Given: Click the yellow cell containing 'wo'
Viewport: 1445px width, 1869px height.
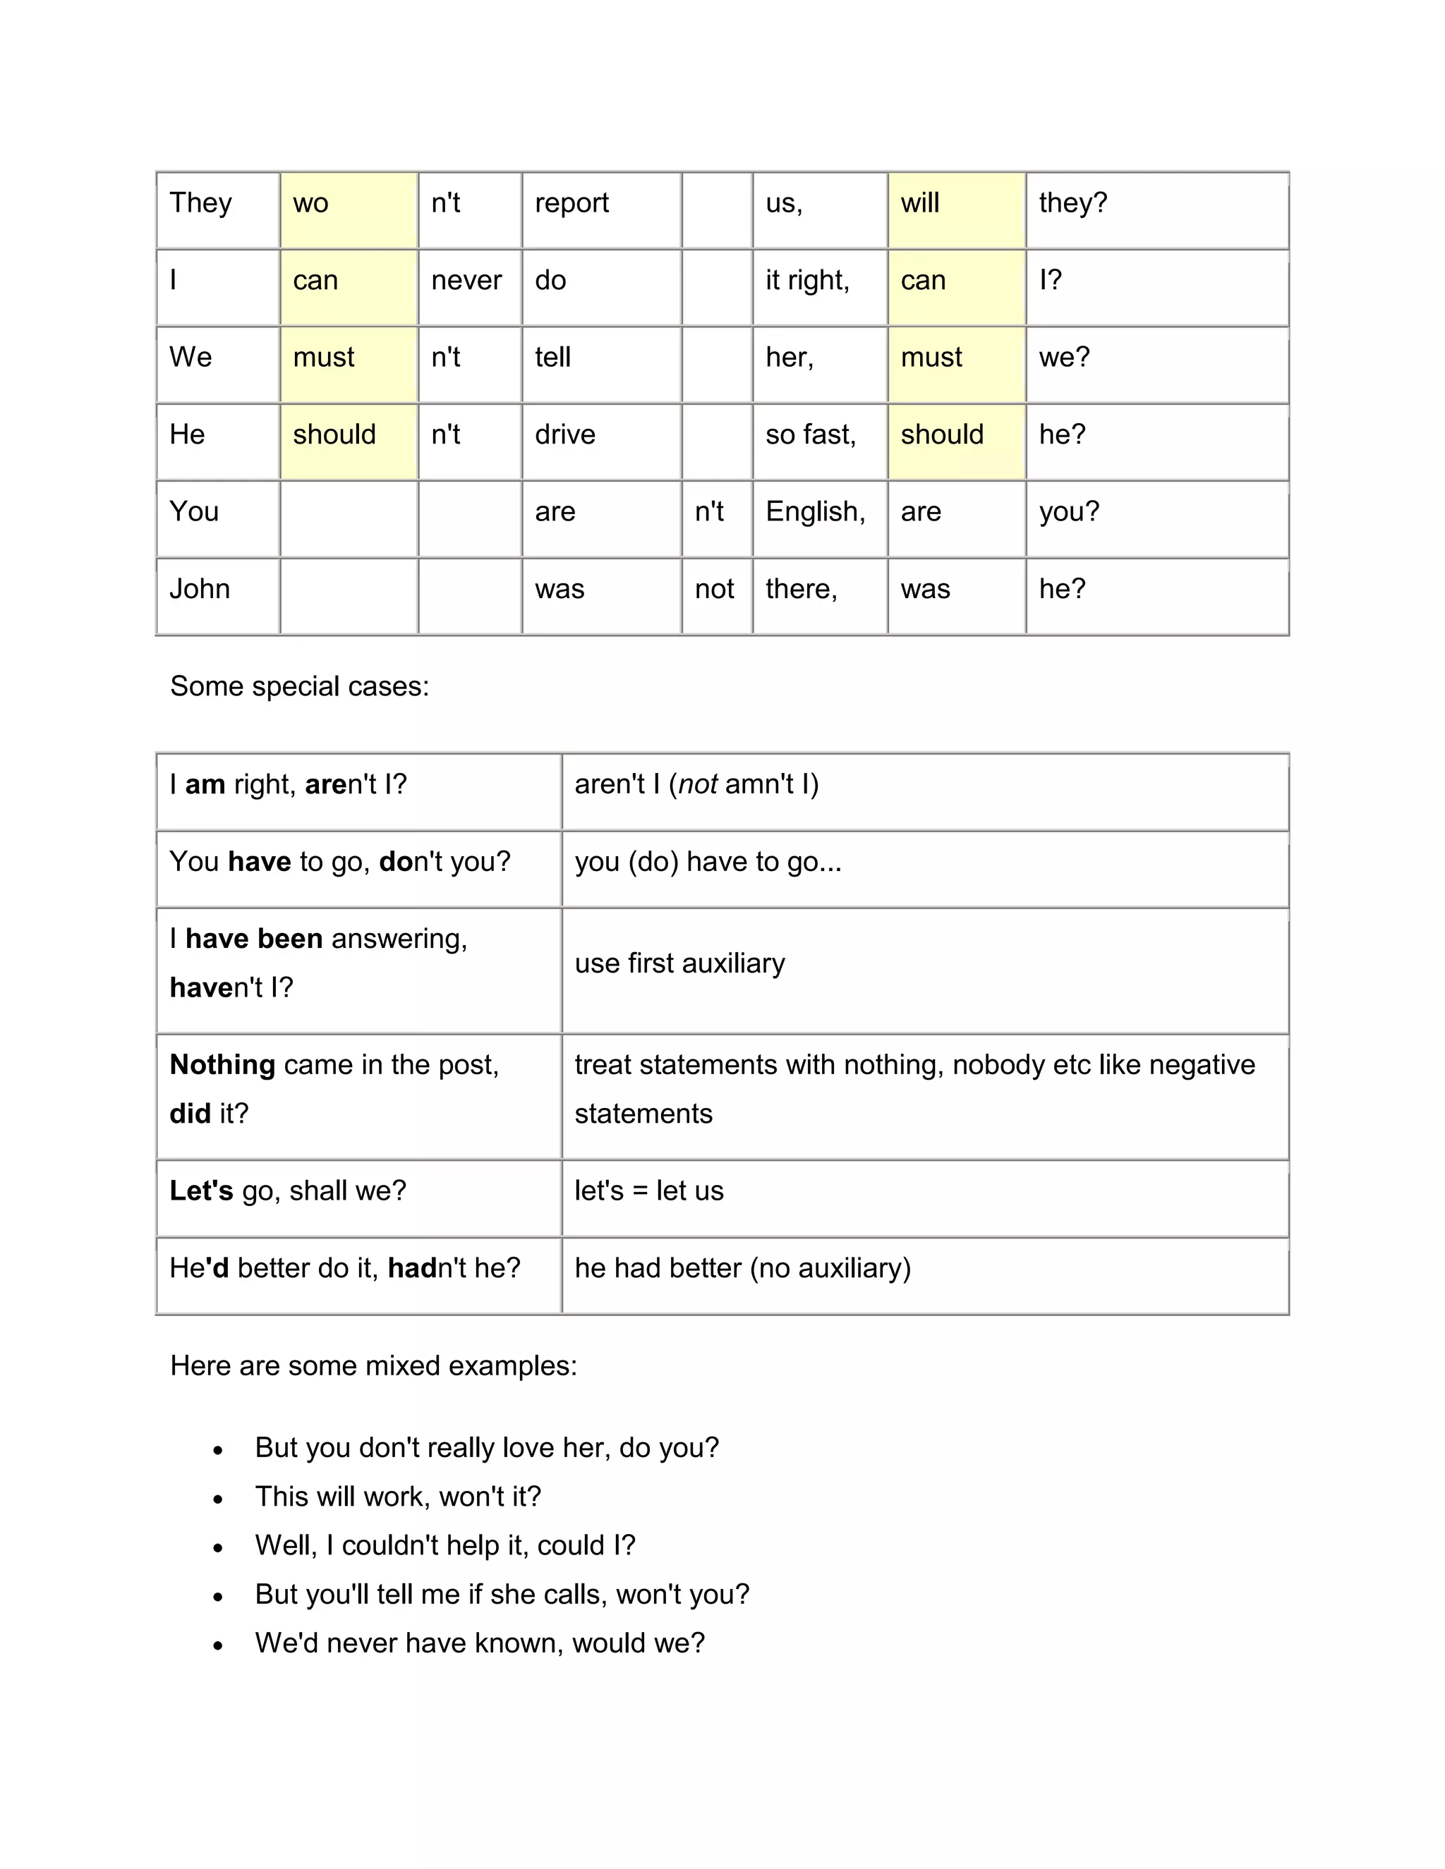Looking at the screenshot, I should (x=348, y=209).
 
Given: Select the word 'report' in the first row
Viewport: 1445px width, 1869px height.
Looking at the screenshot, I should (x=571, y=203).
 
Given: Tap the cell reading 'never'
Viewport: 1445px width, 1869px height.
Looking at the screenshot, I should (x=466, y=281).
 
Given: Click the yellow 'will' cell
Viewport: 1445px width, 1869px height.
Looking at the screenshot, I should (x=955, y=209).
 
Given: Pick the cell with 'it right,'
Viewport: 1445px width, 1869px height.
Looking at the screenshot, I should (x=807, y=281).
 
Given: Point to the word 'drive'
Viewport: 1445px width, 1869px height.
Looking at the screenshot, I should (x=565, y=434).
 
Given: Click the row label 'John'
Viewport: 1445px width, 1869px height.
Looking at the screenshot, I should (x=200, y=589).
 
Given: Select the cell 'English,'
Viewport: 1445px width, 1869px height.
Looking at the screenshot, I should (x=815, y=512).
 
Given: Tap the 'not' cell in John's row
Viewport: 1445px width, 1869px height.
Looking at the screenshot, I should (x=714, y=589).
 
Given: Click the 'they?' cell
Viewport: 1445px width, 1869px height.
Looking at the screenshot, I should (x=1072, y=203).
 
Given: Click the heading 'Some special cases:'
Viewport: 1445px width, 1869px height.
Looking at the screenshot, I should (x=300, y=686).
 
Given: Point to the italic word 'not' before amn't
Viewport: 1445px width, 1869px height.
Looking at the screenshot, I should (x=698, y=784).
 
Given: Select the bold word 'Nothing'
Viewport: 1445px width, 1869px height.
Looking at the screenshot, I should (x=222, y=1064).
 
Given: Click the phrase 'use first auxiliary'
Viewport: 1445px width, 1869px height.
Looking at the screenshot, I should (x=679, y=963).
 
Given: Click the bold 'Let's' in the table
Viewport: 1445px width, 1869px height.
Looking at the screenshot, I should (x=201, y=1191).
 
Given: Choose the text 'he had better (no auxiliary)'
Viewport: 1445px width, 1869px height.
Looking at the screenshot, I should (x=742, y=1268).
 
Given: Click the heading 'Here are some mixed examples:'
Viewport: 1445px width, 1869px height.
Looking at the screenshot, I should (x=373, y=1366).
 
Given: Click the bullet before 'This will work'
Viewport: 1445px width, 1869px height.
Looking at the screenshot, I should (x=218, y=1499).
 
